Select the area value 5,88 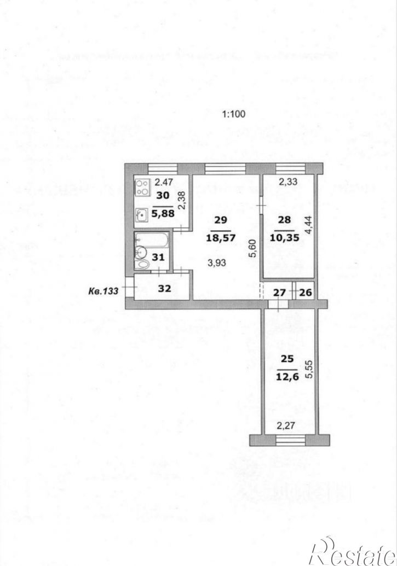point(164,214)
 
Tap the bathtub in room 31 point(152,240)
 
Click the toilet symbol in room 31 point(143,264)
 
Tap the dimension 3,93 point(220,262)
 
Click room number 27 point(279,292)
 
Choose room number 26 point(306,292)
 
